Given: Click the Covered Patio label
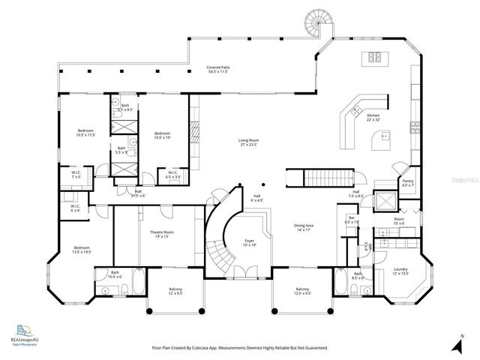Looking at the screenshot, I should (218, 70).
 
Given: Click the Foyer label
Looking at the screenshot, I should (249, 243).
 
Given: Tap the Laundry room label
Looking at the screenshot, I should (400, 271).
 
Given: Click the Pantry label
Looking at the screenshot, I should (408, 182).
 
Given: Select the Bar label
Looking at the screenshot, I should (351, 220).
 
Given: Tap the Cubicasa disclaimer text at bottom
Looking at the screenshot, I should (240, 348).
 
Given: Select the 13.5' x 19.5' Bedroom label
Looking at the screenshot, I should (82, 250).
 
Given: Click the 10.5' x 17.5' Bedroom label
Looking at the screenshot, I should (85, 133).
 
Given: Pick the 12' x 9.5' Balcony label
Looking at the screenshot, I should (175, 291).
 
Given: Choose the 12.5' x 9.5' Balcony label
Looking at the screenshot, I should (302, 291).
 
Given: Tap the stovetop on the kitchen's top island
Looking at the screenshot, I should (373, 57).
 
